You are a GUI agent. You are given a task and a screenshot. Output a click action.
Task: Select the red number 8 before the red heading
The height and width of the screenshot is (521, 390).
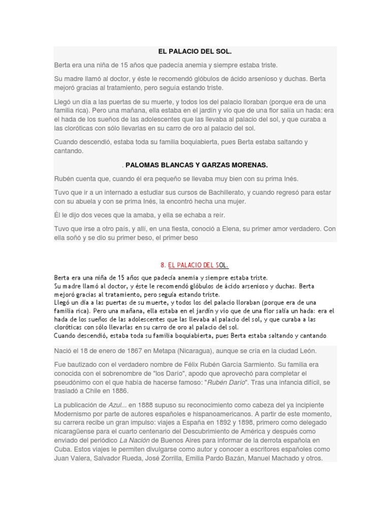[162, 265]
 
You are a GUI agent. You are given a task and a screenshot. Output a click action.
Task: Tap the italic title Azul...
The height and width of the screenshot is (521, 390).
[116, 404]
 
